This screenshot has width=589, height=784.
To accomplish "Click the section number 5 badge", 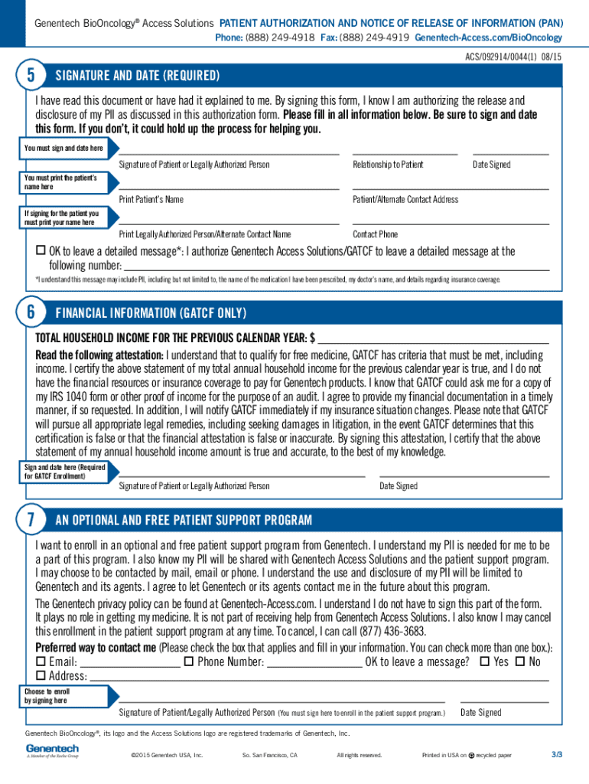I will [x=30, y=75].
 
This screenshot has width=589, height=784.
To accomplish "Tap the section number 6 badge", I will [x=30, y=312].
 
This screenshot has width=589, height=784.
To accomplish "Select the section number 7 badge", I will [x=30, y=521].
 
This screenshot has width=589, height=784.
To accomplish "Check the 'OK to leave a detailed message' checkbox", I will [x=41, y=251].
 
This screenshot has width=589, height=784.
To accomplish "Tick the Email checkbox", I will [x=41, y=661].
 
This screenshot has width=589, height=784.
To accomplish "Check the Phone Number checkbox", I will [x=188, y=661].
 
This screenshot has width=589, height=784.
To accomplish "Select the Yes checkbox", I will [x=484, y=661].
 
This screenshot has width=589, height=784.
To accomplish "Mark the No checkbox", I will [x=520, y=661].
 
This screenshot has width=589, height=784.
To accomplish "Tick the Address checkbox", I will [x=41, y=676].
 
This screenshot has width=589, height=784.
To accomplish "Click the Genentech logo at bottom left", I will [x=52, y=750].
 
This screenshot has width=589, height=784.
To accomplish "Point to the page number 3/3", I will [x=557, y=755].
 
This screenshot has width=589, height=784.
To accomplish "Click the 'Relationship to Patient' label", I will [x=388, y=165].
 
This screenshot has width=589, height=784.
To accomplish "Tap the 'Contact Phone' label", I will [x=375, y=234].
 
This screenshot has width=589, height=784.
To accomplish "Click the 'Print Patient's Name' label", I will [x=151, y=199].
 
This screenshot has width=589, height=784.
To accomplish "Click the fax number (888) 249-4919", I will [x=374, y=38].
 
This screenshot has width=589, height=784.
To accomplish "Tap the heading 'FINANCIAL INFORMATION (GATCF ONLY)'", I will [x=151, y=312].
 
